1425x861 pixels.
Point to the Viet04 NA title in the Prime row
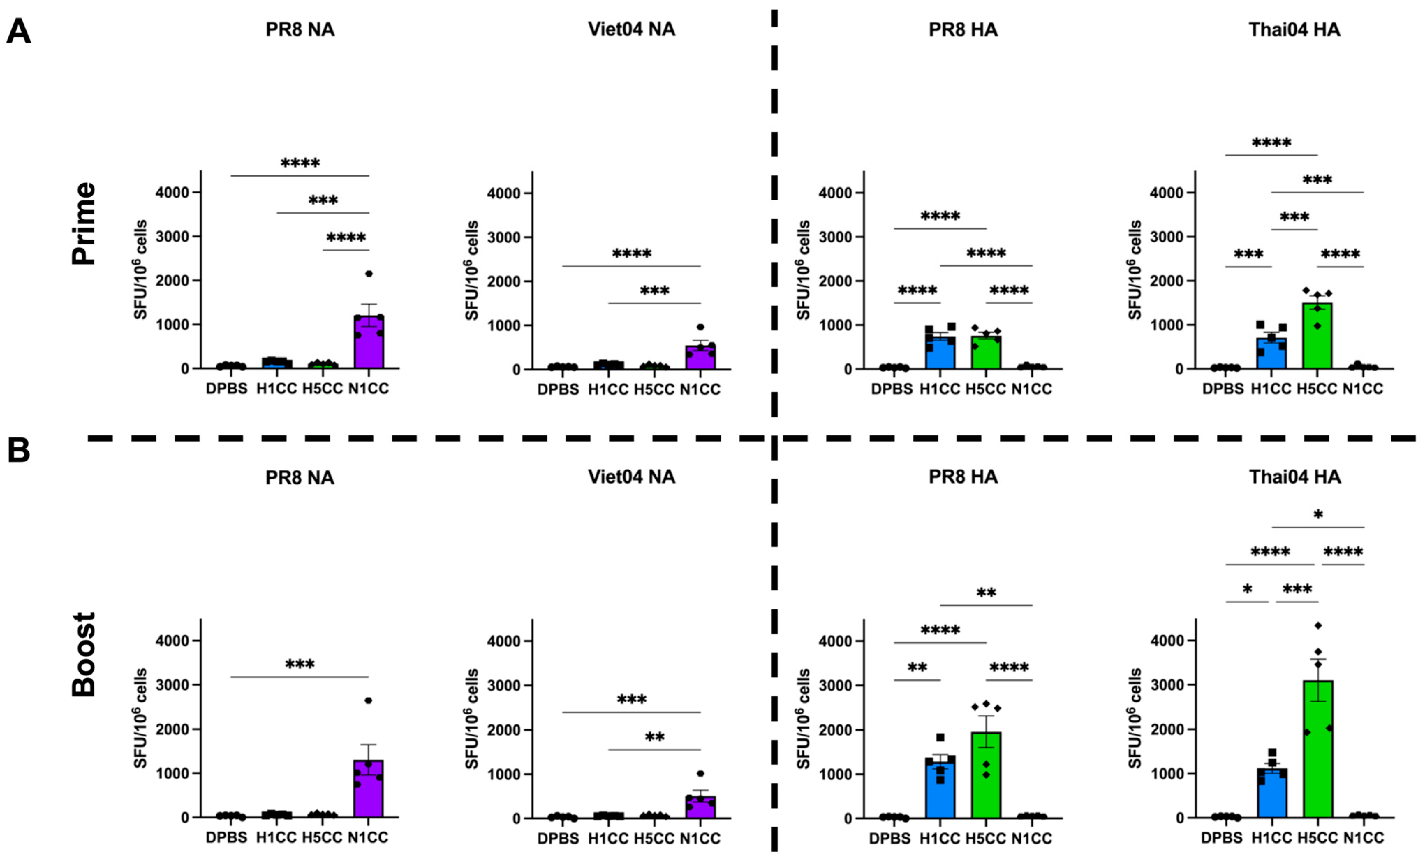pos(632,29)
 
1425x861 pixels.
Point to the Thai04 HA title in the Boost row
pos(1294,477)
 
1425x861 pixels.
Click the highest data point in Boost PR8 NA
pos(368,700)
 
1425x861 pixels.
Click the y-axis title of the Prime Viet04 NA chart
pos(472,270)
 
